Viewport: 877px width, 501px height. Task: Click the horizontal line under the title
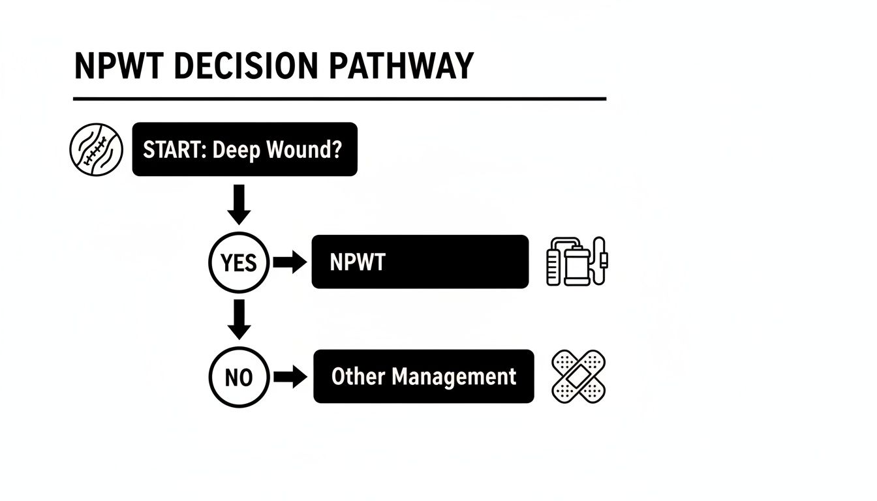click(x=339, y=99)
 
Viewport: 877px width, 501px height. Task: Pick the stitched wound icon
click(x=97, y=149)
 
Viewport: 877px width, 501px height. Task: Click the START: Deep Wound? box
click(x=245, y=149)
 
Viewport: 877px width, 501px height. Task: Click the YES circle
click(x=238, y=263)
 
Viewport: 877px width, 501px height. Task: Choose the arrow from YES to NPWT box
click(x=289, y=263)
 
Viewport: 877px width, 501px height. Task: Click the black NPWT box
click(x=420, y=262)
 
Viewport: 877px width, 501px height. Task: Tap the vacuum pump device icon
click(x=577, y=262)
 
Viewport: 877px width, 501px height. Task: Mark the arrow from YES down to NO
click(x=239, y=319)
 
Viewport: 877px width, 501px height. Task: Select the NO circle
click(x=238, y=377)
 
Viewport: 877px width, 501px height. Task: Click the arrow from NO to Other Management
click(x=289, y=377)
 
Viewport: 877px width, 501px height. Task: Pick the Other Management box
click(x=423, y=376)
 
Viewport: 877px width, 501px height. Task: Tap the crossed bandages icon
click(x=578, y=376)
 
